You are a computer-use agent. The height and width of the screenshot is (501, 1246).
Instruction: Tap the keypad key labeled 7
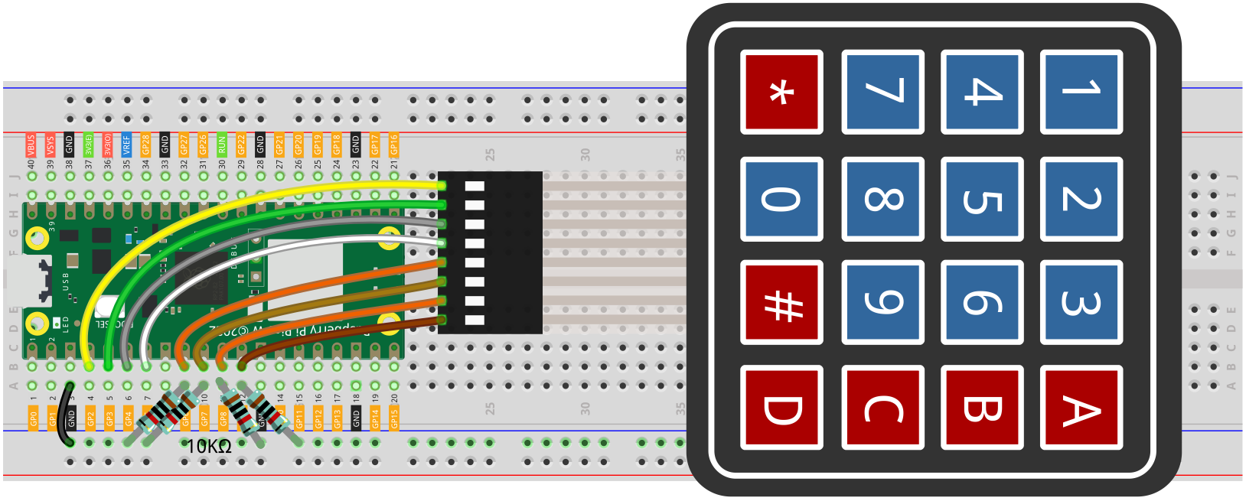pos(882,92)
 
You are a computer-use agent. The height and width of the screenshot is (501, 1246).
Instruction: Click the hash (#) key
pos(781,303)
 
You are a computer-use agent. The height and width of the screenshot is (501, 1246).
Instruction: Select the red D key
pos(781,407)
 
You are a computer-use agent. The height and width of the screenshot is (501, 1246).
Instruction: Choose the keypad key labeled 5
pos(982,199)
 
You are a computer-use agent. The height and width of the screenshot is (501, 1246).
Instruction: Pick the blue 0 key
pos(781,199)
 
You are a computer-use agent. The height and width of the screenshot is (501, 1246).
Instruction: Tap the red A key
pos(1081,407)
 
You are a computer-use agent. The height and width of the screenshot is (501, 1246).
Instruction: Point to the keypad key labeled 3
pos(1081,303)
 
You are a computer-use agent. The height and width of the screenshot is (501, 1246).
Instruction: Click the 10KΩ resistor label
pos(209,447)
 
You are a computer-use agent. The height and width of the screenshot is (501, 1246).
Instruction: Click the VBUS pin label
pos(31,144)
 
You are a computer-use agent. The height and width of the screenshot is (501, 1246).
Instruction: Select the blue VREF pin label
pos(127,144)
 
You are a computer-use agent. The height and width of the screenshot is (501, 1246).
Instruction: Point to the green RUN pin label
pos(222,144)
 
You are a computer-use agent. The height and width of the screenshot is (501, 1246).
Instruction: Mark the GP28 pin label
pos(146,144)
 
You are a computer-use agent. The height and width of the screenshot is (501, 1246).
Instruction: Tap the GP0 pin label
pos(34,418)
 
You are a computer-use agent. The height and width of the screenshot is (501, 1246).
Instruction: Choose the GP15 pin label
pos(394,418)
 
